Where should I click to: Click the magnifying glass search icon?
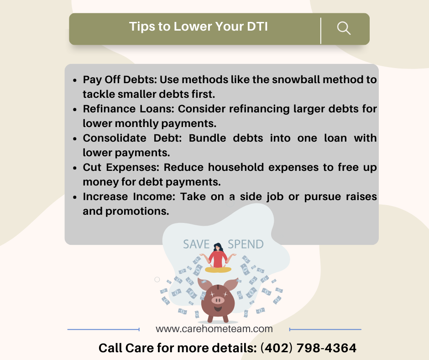pyautogui.click(x=344, y=28)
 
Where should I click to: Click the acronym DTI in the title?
pyautogui.click(x=257, y=26)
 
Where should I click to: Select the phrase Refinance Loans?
pyautogui.click(x=129, y=109)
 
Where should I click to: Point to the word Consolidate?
pyautogui.click(x=115, y=138)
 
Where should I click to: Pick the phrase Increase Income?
pyautogui.click(x=129, y=196)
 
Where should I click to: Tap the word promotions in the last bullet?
pyautogui.click(x=137, y=211)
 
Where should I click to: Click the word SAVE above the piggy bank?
pyautogui.click(x=196, y=244)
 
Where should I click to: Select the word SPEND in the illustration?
pyautogui.click(x=246, y=244)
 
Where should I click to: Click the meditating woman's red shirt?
pyautogui.click(x=218, y=259)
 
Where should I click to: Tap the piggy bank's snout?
pyautogui.click(x=218, y=300)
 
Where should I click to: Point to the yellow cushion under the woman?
pyautogui.click(x=218, y=270)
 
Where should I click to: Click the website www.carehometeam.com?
pyautogui.click(x=214, y=329)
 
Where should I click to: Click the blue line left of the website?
pyautogui.click(x=104, y=329)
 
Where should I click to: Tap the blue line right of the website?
pyautogui.click(x=325, y=329)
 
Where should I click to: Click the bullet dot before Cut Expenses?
pyautogui.click(x=75, y=168)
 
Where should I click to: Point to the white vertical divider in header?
pyautogui.click(x=321, y=31)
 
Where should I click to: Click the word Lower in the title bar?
pyautogui.click(x=193, y=26)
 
